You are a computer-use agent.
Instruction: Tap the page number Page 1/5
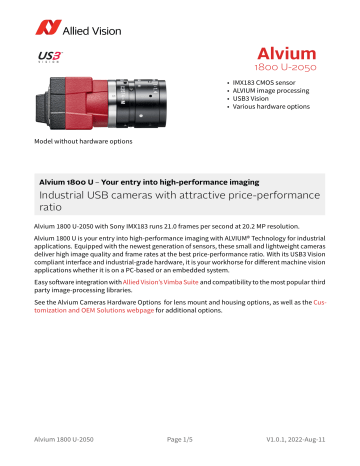pos(180,451)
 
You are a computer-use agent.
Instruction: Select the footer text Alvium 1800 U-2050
pos(66,451)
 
